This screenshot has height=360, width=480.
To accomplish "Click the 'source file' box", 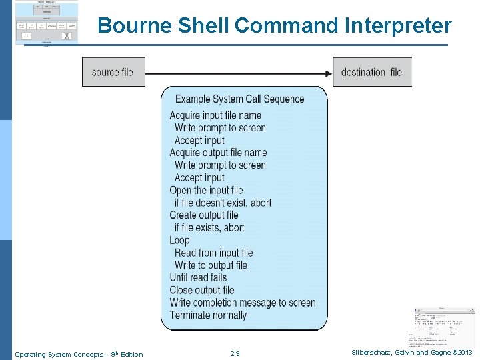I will pyautogui.click(x=113, y=72).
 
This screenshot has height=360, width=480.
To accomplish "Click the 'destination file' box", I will pyautogui.click(x=371, y=72).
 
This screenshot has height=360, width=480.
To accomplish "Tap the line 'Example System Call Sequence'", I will pyautogui.click(x=239, y=99).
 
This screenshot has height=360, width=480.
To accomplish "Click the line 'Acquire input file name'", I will pyautogui.click(x=215, y=115).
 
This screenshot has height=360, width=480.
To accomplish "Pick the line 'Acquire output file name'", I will pyautogui.click(x=218, y=153).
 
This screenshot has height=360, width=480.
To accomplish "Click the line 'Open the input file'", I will pyautogui.click(x=206, y=190).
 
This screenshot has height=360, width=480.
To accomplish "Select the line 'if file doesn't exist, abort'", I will pyautogui.click(x=223, y=203).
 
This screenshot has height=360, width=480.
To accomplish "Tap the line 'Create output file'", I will pyautogui.click(x=203, y=215).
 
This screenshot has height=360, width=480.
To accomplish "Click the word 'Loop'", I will pyautogui.click(x=179, y=240).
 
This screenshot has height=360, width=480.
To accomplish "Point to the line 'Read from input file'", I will pyautogui.click(x=213, y=253).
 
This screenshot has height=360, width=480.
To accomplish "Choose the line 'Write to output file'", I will pyautogui.click(x=211, y=265).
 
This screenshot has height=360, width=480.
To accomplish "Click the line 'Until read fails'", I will pyautogui.click(x=198, y=277).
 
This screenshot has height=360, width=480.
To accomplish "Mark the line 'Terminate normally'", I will pyautogui.click(x=208, y=315).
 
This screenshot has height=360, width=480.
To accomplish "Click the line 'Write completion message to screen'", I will pyautogui.click(x=243, y=303).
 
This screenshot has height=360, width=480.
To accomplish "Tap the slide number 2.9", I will pyautogui.click(x=234, y=354).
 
